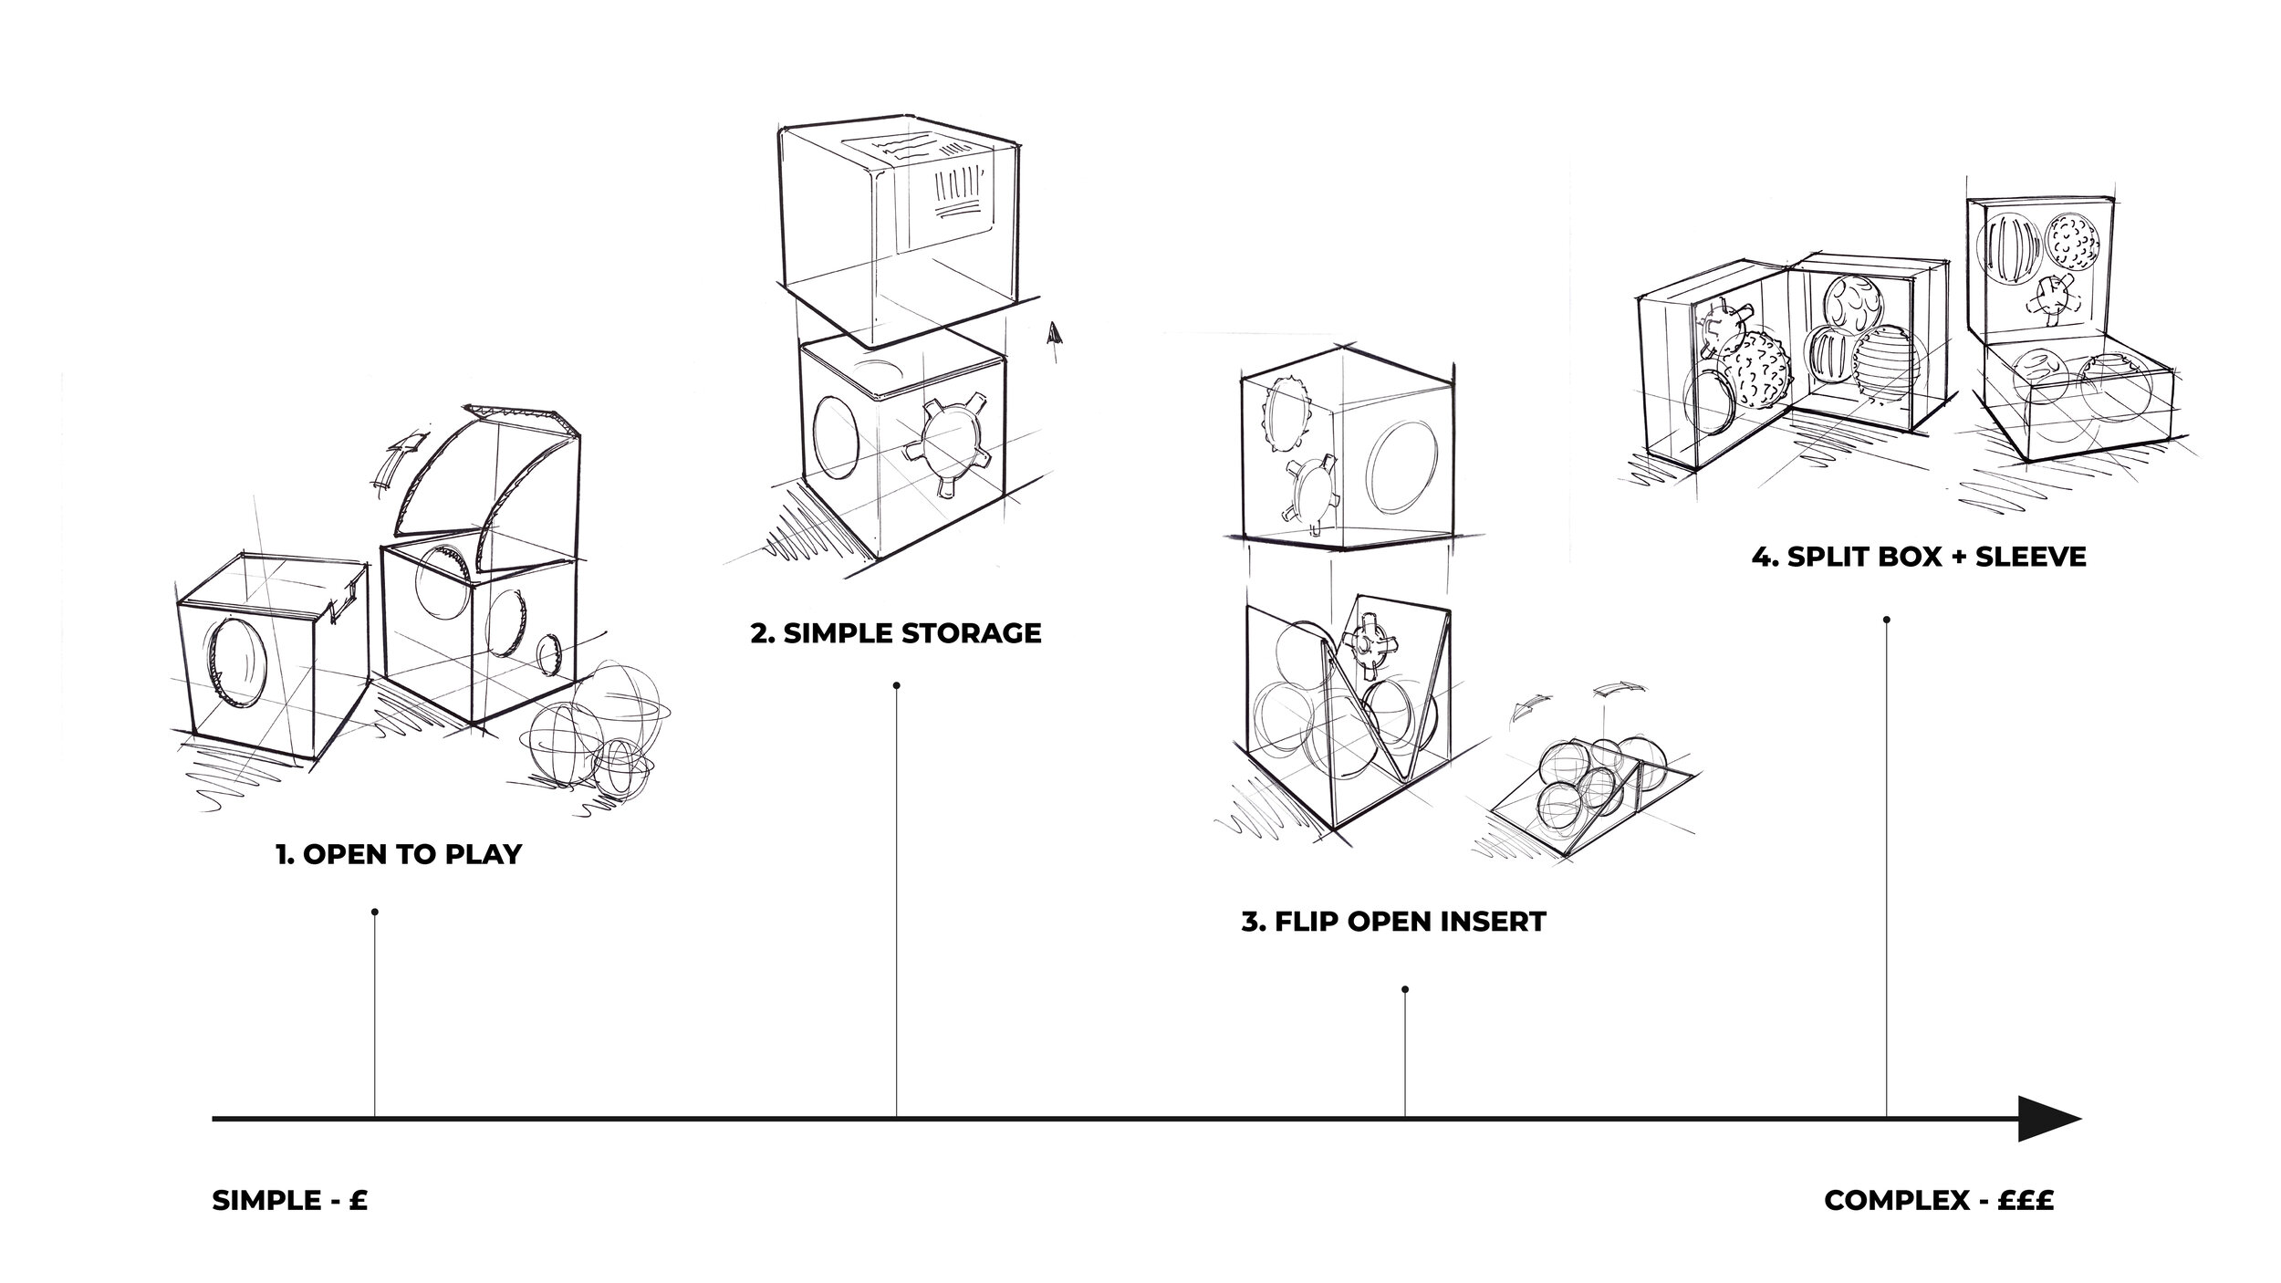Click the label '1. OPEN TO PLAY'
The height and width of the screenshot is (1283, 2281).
(399, 855)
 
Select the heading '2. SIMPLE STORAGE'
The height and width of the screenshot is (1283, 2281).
(895, 633)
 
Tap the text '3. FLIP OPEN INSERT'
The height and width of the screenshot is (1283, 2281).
(1393, 922)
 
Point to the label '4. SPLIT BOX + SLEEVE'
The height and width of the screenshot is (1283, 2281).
(1918, 557)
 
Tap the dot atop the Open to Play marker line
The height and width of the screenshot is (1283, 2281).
(375, 912)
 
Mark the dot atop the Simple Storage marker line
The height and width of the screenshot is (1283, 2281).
(897, 685)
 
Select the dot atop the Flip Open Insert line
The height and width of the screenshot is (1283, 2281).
(1405, 989)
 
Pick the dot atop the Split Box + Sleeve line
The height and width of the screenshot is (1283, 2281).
(1886, 621)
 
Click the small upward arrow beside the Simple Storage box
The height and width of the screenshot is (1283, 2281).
(1055, 335)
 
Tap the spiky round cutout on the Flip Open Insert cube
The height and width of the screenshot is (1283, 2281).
(1284, 412)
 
